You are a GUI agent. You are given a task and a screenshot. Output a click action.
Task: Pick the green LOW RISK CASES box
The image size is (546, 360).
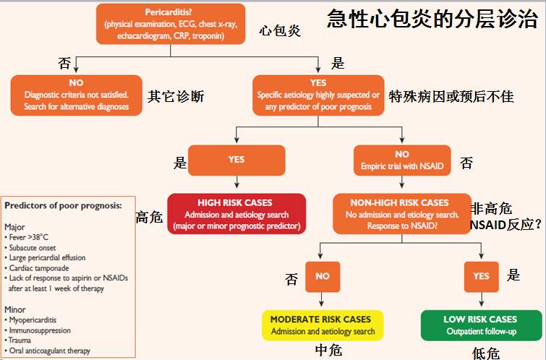pyautogui.click(x=480, y=325)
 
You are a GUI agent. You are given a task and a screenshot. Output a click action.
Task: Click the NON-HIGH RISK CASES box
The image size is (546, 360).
pyautogui.click(x=400, y=214)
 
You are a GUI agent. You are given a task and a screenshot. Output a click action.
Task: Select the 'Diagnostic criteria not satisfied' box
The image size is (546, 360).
pyautogui.click(x=76, y=95)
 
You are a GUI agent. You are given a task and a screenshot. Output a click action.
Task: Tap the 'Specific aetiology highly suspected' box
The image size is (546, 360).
pyautogui.click(x=318, y=95)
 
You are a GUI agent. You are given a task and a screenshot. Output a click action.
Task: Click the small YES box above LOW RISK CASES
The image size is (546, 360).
pyautogui.click(x=480, y=276)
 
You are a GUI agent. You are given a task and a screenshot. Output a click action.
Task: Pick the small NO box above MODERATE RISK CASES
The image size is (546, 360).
pyautogui.click(x=323, y=276)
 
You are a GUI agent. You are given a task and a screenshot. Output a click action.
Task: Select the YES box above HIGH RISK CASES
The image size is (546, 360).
pyautogui.click(x=236, y=160)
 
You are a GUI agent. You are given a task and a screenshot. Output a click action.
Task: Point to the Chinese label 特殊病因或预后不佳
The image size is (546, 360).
pyautogui.click(x=451, y=95)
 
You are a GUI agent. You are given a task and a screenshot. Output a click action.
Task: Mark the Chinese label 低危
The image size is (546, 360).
pyautogui.click(x=485, y=353)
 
